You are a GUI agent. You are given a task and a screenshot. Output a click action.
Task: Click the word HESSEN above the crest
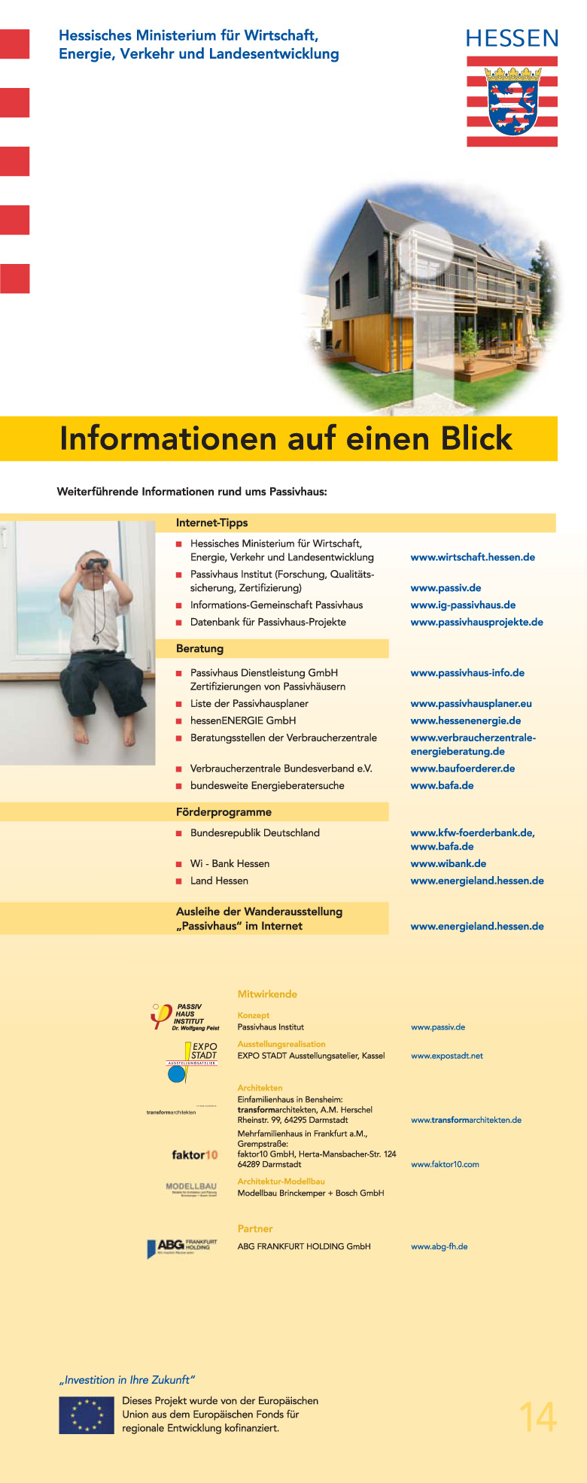coord(512,39)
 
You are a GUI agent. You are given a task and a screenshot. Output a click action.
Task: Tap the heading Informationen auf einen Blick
coord(286,438)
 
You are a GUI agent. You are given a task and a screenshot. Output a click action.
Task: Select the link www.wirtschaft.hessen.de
coord(473,557)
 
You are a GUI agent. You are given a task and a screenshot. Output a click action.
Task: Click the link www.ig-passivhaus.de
coord(463,605)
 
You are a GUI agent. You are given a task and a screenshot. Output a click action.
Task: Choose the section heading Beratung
coord(199,648)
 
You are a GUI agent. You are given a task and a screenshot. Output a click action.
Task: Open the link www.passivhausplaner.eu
coord(471,704)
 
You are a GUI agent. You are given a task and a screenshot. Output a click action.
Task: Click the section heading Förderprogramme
coord(224,812)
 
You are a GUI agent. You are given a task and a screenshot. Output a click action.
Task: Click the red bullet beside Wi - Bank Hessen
coord(179,864)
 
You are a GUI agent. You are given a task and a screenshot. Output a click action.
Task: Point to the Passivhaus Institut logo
coord(184,1017)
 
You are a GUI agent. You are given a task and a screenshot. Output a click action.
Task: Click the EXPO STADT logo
coord(190,1061)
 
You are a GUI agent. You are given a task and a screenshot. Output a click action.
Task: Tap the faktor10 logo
coord(194,1154)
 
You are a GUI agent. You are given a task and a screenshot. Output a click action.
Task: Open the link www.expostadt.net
coord(447,1056)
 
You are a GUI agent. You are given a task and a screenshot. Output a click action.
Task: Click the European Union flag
coord(86,1415)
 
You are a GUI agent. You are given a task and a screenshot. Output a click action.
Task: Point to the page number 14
coord(537,1417)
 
